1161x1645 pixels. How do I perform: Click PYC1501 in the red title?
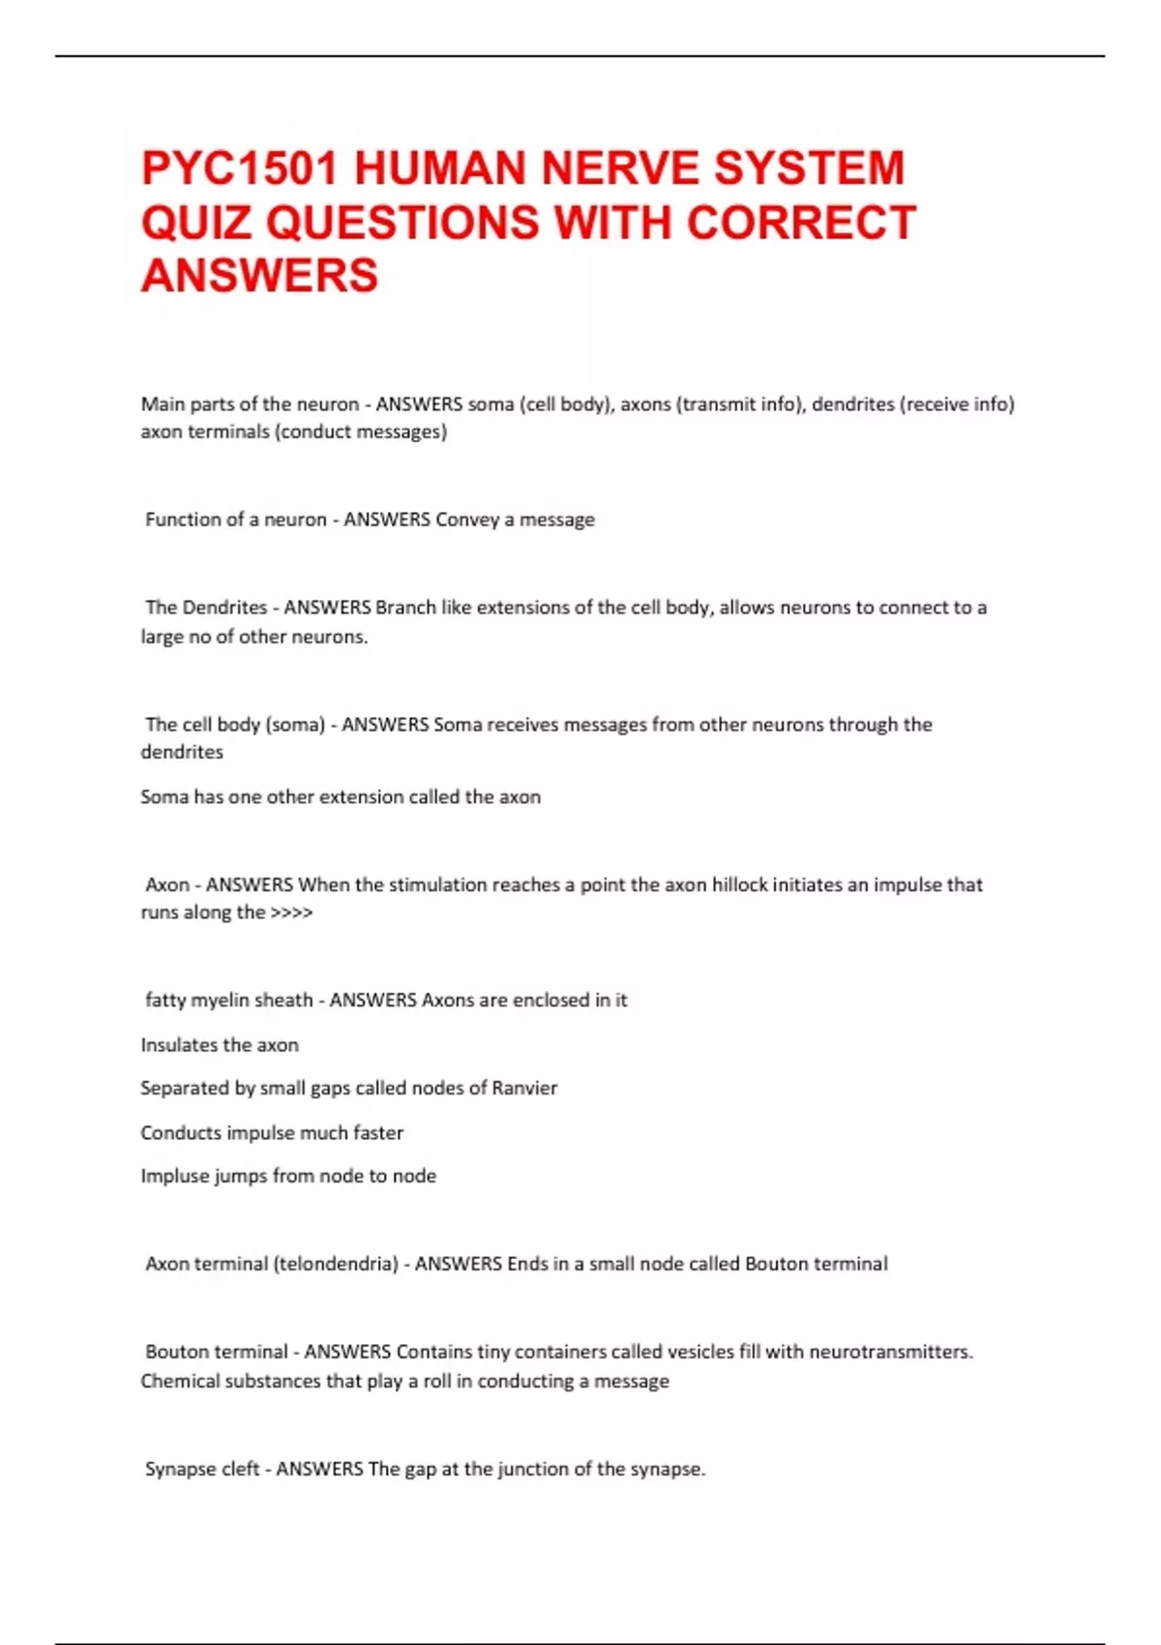239,167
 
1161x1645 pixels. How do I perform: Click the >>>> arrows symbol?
291,912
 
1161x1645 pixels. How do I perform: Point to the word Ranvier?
524,1088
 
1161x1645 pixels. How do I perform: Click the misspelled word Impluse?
175,1176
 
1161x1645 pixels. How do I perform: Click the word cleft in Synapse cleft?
237,1469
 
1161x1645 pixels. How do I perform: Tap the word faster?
378,1132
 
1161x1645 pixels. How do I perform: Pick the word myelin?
222,1000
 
